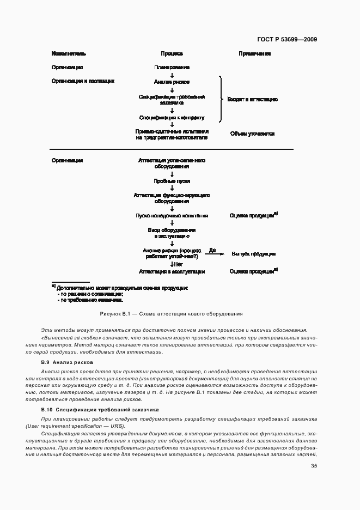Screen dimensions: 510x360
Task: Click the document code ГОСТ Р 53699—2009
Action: click(286, 39)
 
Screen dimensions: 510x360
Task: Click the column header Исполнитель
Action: click(69, 54)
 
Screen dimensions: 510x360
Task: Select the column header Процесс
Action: click(172, 54)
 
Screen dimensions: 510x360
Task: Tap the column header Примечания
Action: click(254, 54)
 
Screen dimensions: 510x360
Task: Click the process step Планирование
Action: click(172, 68)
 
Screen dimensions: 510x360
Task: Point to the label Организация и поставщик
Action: click(83, 81)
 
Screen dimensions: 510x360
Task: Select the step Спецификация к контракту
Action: click(172, 117)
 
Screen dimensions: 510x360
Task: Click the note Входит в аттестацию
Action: click(252, 100)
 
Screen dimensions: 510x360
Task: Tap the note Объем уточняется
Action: click(252, 133)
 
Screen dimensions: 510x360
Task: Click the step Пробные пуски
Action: click(172, 181)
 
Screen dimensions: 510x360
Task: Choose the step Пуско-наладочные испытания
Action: click(172, 216)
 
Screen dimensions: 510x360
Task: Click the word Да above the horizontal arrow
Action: click(212, 250)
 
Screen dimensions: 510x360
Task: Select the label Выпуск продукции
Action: click(253, 254)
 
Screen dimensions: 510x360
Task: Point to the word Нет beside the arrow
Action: click(178, 264)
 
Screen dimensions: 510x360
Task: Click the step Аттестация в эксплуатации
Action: click(172, 271)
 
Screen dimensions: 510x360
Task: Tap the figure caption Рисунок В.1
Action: click(172, 314)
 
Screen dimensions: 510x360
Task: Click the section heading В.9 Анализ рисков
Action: click(67, 362)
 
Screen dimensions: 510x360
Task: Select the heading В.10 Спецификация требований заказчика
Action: click(100, 409)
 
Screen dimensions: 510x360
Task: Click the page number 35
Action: click(314, 466)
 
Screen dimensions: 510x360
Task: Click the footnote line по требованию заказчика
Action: click(90, 300)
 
